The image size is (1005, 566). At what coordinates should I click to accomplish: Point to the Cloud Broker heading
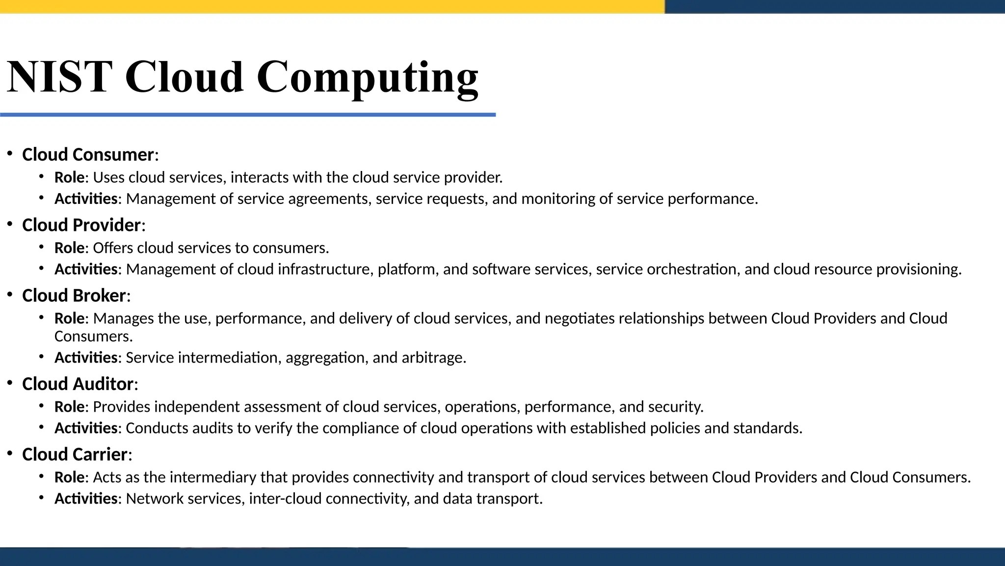tap(74, 296)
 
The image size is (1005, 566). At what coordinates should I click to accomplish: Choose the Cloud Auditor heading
tap(78, 384)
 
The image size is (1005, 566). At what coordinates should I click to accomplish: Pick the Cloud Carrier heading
tap(75, 454)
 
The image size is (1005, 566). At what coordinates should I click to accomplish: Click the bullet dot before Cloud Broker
tap(10, 295)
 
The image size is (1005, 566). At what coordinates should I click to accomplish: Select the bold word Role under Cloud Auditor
tap(69, 407)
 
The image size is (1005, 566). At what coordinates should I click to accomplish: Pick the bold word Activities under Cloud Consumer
tap(86, 199)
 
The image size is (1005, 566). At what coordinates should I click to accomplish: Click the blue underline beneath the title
tap(248, 115)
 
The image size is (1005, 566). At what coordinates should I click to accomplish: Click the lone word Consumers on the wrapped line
tap(92, 337)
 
